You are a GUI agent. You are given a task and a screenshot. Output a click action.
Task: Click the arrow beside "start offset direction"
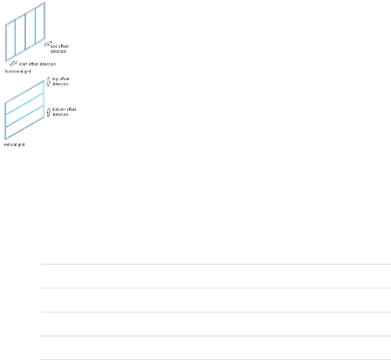[14, 64]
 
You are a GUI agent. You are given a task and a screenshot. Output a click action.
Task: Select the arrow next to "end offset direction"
[47, 43]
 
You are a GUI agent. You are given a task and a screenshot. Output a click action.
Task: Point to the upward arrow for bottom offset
[48, 112]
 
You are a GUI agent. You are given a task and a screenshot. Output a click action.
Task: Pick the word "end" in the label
[54, 46]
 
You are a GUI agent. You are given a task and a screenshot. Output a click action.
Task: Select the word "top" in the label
[55, 79]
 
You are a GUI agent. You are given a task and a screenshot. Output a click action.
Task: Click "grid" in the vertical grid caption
[21, 145]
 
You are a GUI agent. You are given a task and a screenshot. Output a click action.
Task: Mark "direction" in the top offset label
[60, 84]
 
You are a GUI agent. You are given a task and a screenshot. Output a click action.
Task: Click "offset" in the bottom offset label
[71, 109]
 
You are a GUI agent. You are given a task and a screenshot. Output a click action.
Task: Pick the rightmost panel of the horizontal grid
[40, 24]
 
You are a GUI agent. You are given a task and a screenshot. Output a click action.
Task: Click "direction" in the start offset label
[47, 64]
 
